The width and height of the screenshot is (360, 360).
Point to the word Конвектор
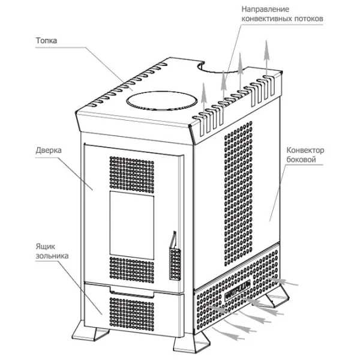[307, 149]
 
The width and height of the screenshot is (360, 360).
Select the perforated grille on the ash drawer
[131, 311]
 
